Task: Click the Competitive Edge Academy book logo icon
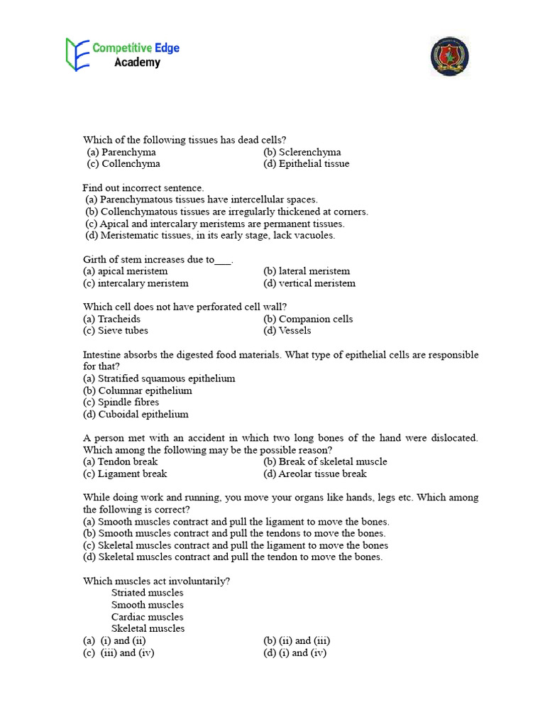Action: (77, 55)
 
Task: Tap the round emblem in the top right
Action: (449, 56)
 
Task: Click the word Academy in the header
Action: (137, 62)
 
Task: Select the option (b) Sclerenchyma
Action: (302, 152)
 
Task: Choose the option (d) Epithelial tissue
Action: (306, 163)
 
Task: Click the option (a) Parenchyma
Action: (121, 152)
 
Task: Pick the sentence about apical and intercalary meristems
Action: (215, 224)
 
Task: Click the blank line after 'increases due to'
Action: (223, 260)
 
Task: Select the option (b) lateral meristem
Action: (306, 271)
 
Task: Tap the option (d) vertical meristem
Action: (309, 283)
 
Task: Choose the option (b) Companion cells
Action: (307, 319)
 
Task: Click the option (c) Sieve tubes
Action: (116, 331)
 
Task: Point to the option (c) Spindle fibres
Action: (121, 403)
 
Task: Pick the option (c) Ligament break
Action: (125, 474)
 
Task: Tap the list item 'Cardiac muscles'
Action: (147, 617)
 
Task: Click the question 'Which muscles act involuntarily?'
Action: (156, 581)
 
